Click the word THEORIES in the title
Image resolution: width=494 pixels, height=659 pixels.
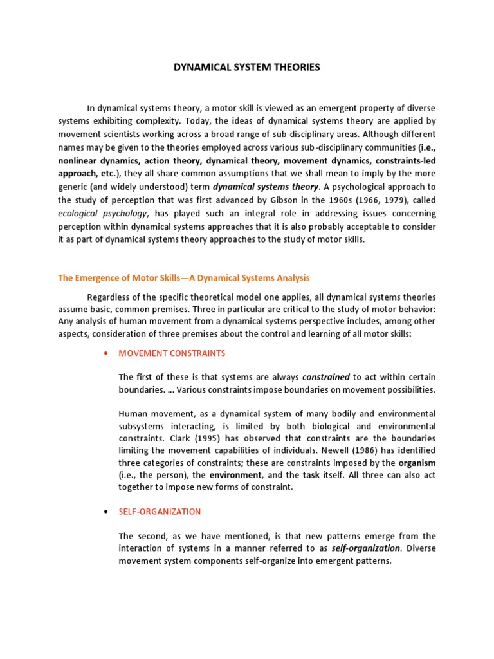point(293,67)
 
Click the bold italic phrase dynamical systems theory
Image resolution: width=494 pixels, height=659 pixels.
point(265,187)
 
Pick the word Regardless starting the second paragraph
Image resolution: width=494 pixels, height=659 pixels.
point(110,297)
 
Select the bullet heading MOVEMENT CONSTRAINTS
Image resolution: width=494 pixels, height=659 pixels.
point(172,353)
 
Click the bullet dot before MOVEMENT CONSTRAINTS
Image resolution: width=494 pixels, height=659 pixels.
point(104,354)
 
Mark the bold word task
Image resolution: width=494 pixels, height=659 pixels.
point(312,475)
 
